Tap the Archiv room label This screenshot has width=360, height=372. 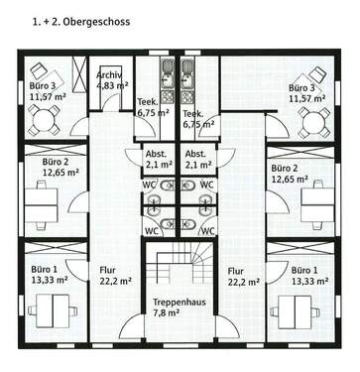point(109,75)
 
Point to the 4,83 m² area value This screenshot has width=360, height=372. point(112,86)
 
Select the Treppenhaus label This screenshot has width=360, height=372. point(179,302)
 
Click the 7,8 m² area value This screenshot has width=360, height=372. point(179,313)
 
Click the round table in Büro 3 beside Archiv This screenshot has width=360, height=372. point(43,121)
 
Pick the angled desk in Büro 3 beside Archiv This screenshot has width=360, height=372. point(41,72)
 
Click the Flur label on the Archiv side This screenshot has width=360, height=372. point(107,270)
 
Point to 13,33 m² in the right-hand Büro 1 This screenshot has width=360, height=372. point(310,281)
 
